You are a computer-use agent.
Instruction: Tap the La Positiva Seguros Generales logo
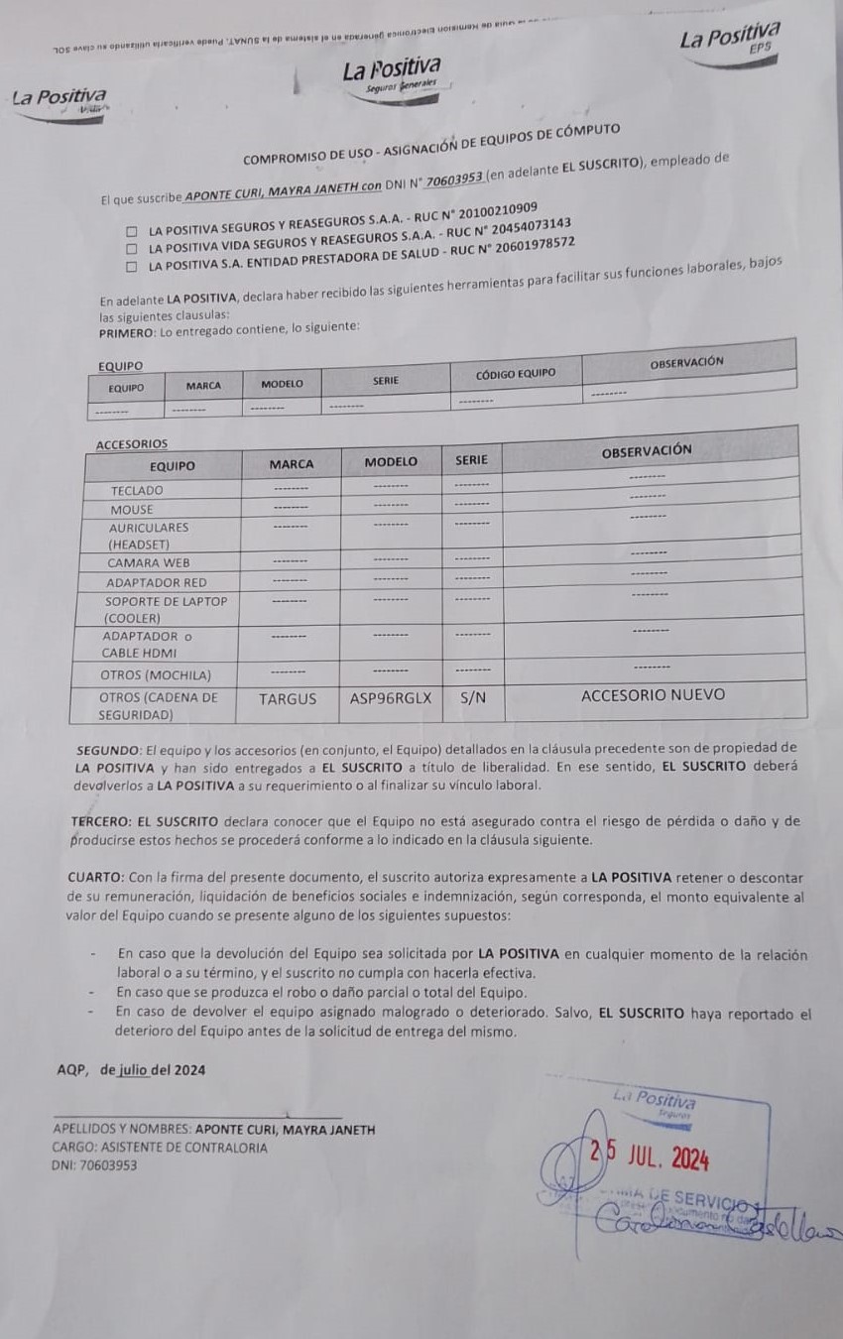click(x=391, y=74)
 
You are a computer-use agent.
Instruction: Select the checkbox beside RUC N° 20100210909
click(x=131, y=231)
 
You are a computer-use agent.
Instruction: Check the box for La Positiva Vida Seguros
click(x=131, y=249)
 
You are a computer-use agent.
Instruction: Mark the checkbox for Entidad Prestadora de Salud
click(x=131, y=267)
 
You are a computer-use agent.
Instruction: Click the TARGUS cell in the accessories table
click(x=288, y=699)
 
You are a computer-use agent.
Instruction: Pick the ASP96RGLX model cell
click(x=391, y=698)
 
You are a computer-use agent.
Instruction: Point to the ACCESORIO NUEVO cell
click(x=653, y=695)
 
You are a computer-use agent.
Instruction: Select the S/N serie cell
click(x=473, y=698)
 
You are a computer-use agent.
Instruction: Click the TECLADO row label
click(x=137, y=490)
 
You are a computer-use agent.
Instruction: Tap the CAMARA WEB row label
click(x=148, y=562)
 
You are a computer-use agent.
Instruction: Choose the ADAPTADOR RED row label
click(x=157, y=582)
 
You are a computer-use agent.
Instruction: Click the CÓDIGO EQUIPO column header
click(x=516, y=374)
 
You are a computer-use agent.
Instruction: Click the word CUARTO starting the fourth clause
click(x=96, y=877)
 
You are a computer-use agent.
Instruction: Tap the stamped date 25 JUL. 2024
click(x=650, y=1156)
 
